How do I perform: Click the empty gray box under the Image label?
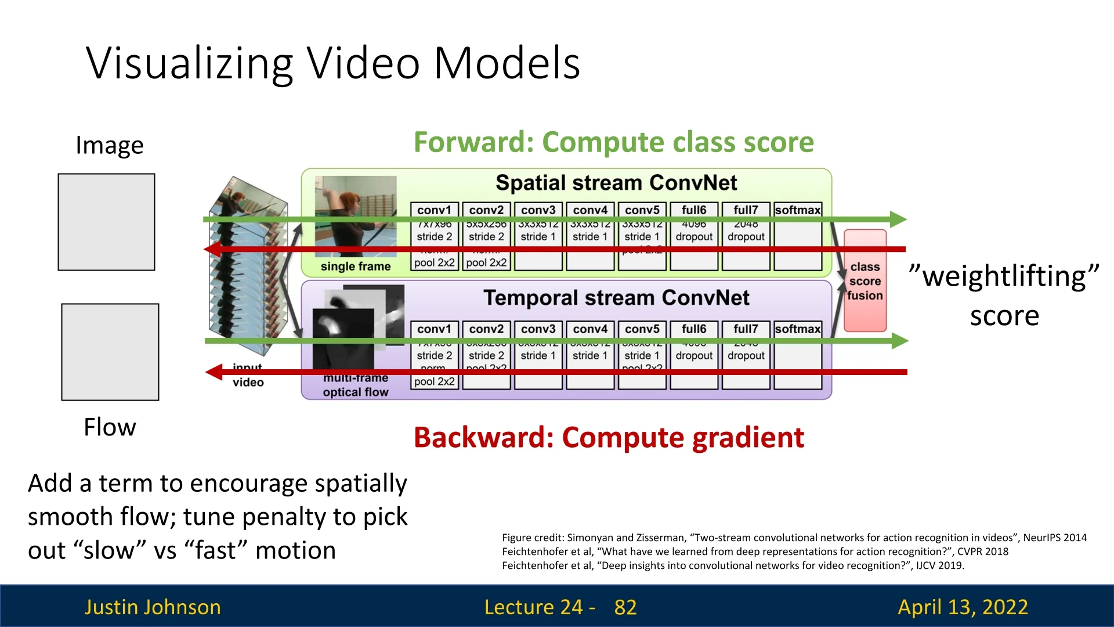click(106, 222)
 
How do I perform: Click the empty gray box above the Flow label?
click(110, 352)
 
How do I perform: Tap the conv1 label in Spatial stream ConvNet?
click(434, 210)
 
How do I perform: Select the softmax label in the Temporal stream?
click(798, 329)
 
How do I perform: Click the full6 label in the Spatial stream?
click(694, 210)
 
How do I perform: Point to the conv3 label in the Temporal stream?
click(538, 329)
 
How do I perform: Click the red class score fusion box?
click(865, 281)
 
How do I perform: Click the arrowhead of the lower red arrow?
click(214, 372)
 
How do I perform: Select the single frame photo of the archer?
click(355, 216)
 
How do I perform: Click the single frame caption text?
click(355, 266)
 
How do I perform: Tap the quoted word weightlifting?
click(1004, 276)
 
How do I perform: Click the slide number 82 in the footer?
click(625, 607)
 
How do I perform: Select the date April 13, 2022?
click(963, 607)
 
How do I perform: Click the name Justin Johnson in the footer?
click(153, 607)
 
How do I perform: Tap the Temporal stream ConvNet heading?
click(616, 298)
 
